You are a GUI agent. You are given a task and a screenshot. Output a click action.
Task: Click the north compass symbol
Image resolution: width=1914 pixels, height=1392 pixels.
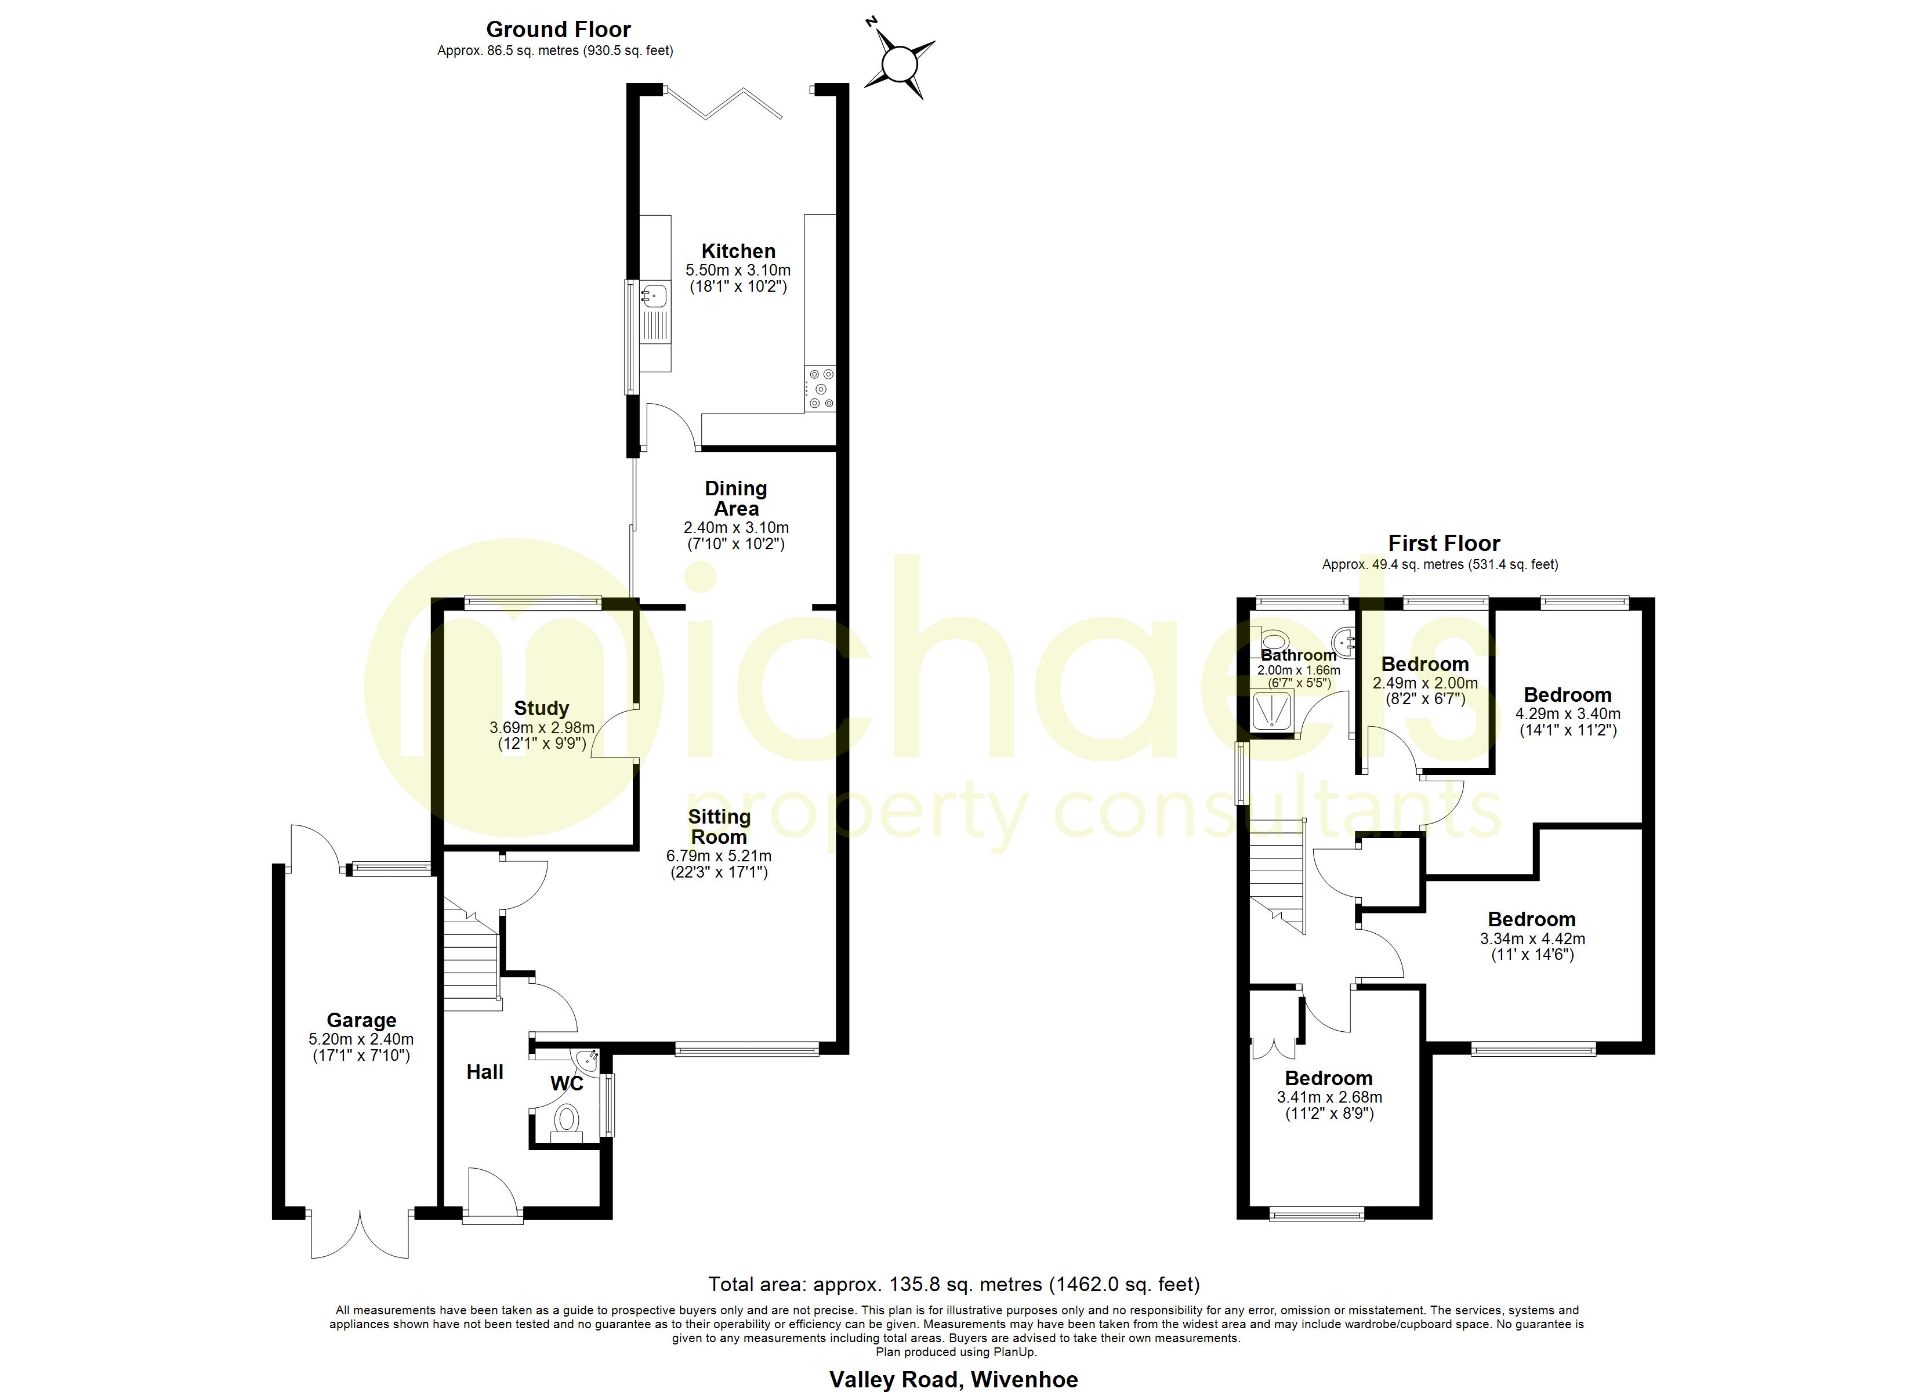click(900, 64)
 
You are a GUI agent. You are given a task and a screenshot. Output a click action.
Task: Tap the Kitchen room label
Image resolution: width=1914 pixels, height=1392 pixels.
click(738, 251)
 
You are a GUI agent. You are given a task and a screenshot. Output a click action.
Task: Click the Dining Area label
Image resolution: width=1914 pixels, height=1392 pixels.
click(736, 498)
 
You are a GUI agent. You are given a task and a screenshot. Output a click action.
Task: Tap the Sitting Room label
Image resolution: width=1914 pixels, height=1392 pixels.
click(719, 826)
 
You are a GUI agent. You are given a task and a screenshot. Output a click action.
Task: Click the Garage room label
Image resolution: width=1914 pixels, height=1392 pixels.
click(361, 1020)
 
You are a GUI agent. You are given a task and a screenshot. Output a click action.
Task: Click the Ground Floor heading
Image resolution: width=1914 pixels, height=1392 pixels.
click(558, 30)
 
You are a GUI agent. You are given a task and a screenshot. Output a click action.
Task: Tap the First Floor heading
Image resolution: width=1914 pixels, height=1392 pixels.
click(1444, 543)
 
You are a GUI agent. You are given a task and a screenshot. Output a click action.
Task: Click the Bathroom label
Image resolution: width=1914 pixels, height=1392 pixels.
click(1298, 655)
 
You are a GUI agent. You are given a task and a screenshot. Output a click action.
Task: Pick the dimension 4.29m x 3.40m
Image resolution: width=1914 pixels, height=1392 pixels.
click(1568, 713)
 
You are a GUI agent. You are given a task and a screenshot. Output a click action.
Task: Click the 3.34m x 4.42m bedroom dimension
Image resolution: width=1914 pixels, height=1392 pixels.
click(1532, 938)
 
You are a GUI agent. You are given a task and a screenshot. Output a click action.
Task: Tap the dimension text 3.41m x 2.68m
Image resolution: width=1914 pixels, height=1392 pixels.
click(1329, 1097)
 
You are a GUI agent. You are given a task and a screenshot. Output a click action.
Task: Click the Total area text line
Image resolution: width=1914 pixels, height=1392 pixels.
click(954, 1284)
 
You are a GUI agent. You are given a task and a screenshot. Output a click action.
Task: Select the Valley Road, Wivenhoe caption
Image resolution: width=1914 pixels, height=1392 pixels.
click(954, 1379)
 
